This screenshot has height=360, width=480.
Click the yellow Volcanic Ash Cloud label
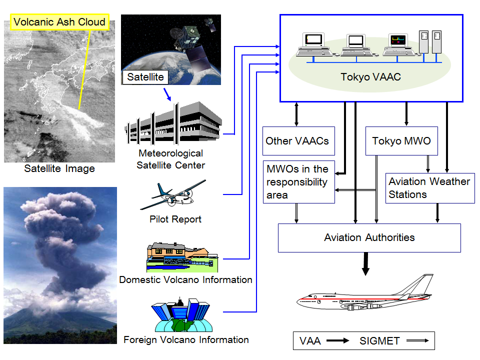[x=59, y=22]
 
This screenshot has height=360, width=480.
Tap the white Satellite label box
[x=145, y=77]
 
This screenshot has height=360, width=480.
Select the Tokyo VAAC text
[x=370, y=77]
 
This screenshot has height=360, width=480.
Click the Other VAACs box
[x=297, y=140]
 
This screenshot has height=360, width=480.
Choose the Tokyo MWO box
[x=401, y=140]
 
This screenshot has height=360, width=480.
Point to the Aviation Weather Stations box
[x=429, y=188]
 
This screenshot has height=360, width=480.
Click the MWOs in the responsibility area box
[x=298, y=182]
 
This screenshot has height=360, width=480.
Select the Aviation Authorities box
[x=369, y=237]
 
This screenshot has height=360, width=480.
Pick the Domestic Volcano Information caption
[x=185, y=279]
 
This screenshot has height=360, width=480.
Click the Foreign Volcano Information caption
[x=186, y=339]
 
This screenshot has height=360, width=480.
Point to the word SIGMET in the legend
[x=379, y=341]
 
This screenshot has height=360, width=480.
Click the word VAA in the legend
[x=310, y=341]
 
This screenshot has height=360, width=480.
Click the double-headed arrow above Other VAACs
[x=297, y=114]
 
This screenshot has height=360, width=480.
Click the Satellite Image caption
[x=59, y=168]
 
